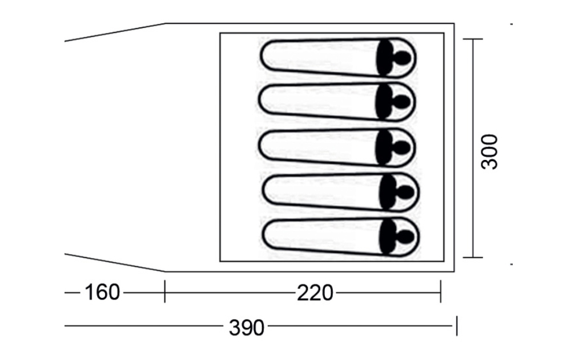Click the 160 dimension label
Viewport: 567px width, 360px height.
coord(102,293)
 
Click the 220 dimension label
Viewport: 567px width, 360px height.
coord(315,293)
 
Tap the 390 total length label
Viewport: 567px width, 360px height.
coord(247,328)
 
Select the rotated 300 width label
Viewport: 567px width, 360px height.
coord(489,151)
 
